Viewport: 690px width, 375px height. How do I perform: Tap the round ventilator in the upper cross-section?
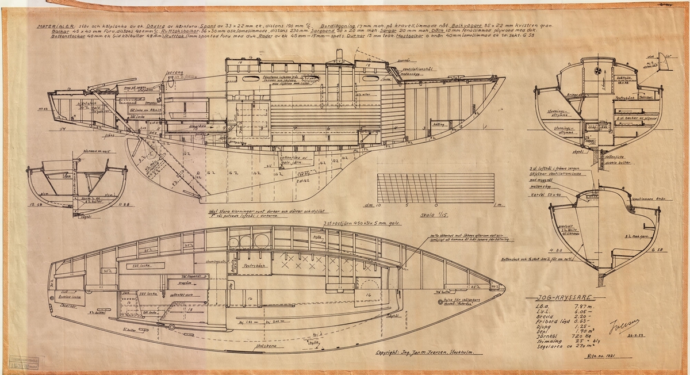click(x=599, y=71)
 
